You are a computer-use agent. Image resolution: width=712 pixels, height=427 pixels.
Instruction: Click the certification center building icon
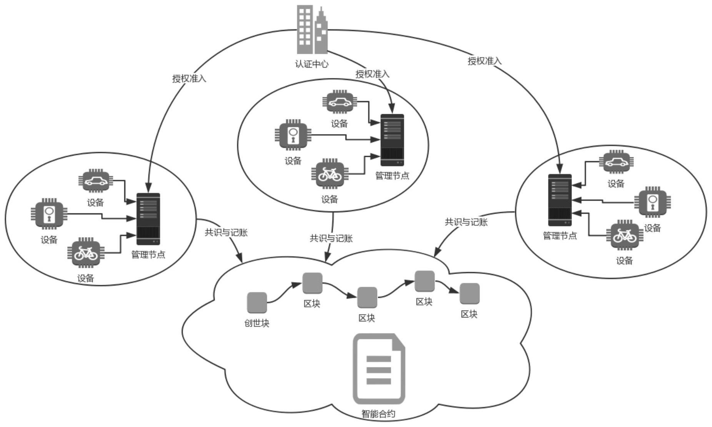pos(312,30)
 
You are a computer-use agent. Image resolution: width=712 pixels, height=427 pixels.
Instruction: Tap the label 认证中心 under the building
pos(312,64)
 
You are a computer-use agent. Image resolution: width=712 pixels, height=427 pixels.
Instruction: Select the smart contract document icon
pos(379,369)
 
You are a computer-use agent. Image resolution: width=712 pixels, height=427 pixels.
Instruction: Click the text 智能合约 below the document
pos(378,414)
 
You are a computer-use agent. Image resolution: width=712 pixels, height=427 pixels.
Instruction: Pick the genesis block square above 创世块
pos(257,302)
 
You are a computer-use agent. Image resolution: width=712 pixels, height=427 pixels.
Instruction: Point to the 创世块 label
pos(257,323)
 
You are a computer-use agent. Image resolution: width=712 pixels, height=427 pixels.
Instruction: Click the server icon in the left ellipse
pos(148,219)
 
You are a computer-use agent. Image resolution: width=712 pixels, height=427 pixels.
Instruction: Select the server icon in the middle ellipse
pos(392,140)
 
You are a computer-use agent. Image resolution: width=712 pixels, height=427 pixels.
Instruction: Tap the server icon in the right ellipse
pos(560,200)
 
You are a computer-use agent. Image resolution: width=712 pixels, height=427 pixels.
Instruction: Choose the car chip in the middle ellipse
pos(339,102)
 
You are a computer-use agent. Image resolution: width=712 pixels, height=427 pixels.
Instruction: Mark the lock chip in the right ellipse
pos(652,201)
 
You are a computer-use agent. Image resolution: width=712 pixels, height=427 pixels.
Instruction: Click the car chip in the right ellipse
pos(616,162)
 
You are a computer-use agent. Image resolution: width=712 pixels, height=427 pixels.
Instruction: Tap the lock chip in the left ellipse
pos(49,214)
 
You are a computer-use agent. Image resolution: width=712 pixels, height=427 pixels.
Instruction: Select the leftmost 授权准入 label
pos(189,79)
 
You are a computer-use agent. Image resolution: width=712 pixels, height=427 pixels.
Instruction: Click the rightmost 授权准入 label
pos(484,61)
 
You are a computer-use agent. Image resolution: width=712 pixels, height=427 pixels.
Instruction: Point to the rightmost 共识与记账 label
pos(466,222)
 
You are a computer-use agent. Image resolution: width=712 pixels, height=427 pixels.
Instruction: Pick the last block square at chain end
pos(469,294)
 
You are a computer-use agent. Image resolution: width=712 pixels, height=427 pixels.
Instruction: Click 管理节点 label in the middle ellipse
pos(392,176)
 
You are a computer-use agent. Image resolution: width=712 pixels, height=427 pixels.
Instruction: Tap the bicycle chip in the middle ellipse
pos(330,174)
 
